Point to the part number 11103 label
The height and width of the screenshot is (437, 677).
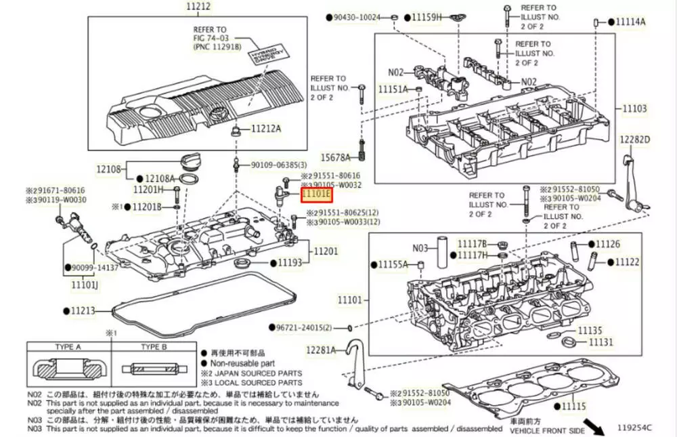(x=630, y=108)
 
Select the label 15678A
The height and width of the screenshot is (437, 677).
(x=335, y=157)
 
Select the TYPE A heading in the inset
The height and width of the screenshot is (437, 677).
(x=68, y=347)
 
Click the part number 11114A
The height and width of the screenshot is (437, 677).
(x=630, y=22)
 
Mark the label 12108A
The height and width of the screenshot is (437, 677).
(x=160, y=178)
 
